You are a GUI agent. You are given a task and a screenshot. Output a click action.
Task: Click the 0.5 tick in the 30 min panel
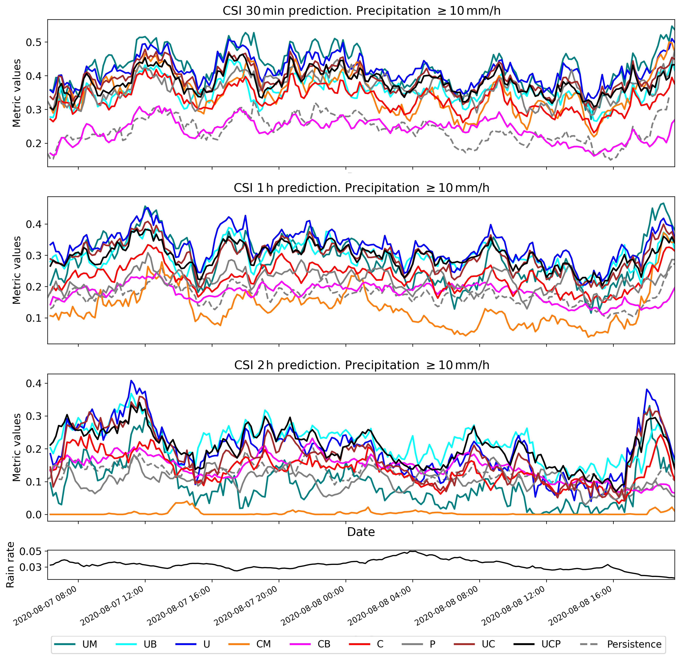click(33, 42)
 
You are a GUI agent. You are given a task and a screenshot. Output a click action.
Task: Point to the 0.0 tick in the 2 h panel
click(33, 514)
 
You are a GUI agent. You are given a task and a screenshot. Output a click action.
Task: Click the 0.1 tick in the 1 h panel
click(33, 318)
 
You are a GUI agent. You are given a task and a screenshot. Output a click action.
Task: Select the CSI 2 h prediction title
click(361, 365)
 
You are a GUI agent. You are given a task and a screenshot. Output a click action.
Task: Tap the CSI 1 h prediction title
click(361, 188)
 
